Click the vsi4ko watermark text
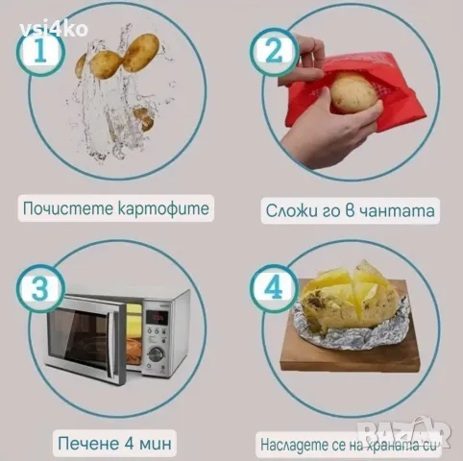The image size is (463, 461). click(x=52, y=28)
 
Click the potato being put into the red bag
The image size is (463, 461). click(x=353, y=94)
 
